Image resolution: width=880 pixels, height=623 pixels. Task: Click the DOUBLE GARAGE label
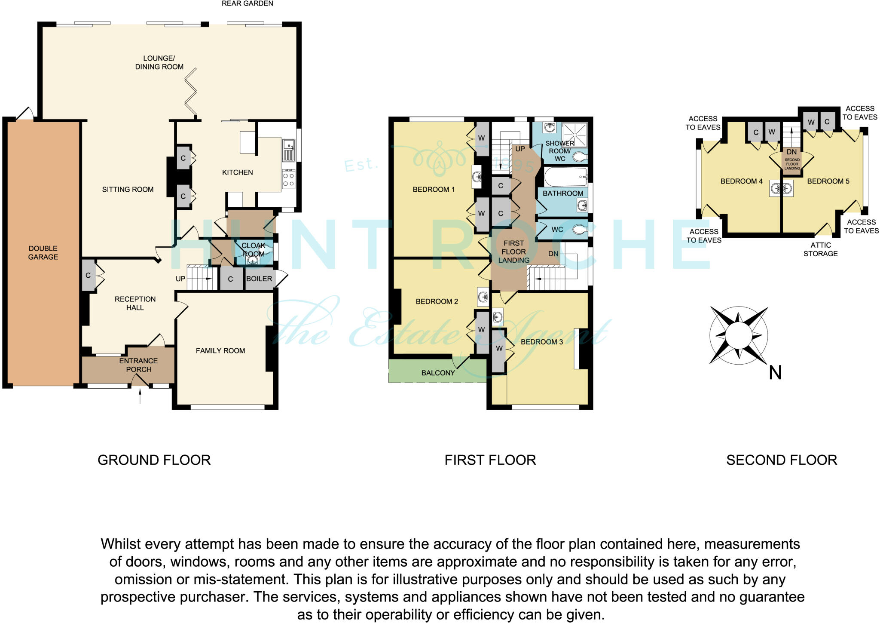(x=43, y=252)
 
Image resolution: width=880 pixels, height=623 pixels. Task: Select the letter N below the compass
(x=775, y=373)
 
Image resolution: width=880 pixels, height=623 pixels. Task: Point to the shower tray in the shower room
(x=574, y=135)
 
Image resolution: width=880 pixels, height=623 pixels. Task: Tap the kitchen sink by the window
(x=288, y=149)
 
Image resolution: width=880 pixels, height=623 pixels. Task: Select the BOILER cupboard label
(x=259, y=279)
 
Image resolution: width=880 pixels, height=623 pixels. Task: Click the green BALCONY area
(x=437, y=372)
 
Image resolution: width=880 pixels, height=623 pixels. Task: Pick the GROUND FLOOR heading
(x=154, y=460)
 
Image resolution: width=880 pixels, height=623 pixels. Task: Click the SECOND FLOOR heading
(x=781, y=460)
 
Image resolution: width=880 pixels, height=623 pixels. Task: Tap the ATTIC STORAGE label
(x=820, y=249)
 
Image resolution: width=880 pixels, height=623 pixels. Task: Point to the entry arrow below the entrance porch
(x=140, y=396)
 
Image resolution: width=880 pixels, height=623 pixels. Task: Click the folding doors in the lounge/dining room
(x=191, y=92)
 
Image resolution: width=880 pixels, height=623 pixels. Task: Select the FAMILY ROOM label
(x=220, y=351)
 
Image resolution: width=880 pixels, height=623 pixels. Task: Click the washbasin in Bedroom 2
(x=483, y=297)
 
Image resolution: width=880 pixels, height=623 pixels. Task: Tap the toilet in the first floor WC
(x=581, y=230)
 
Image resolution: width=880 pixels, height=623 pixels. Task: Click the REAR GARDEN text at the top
(x=247, y=3)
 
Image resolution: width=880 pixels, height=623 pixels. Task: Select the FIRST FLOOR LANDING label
(x=513, y=252)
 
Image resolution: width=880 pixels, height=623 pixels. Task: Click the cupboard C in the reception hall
(x=88, y=276)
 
